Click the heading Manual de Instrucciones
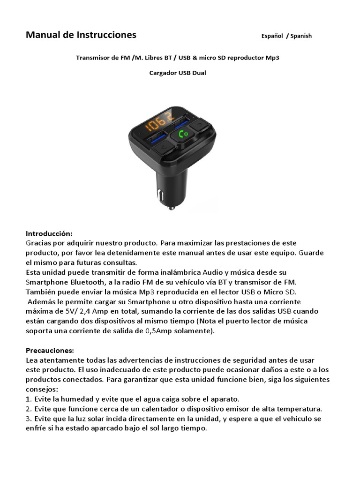pos(81,35)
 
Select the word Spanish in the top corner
pos(301,36)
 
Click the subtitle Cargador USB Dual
pos(178,73)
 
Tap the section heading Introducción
pos(49,233)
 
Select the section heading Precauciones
pos(50,350)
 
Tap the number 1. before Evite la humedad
pos(29,399)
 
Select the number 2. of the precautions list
pos(29,409)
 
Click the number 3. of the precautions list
pos(29,419)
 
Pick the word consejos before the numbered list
pos(41,389)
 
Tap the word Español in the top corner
pos(273,36)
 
